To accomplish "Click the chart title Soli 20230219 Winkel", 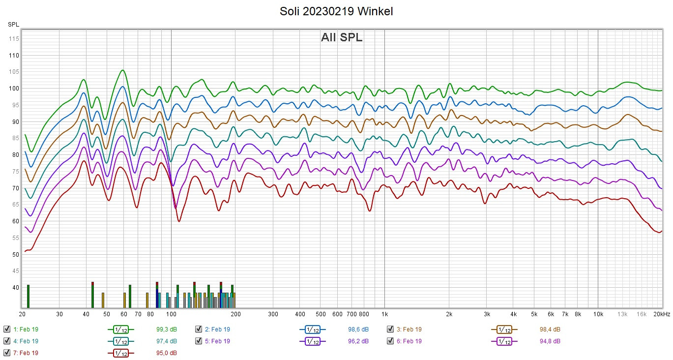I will point(336,11).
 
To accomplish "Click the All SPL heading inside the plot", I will point(342,37).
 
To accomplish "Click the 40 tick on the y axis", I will point(15,288).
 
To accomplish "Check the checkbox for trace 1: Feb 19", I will point(6,330).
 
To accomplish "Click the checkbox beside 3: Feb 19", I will point(390,330).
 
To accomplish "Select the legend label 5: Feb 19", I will point(217,341).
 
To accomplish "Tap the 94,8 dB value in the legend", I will point(550,341).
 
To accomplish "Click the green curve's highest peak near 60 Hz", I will point(122,70).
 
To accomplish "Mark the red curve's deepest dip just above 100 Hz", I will point(179,221).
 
